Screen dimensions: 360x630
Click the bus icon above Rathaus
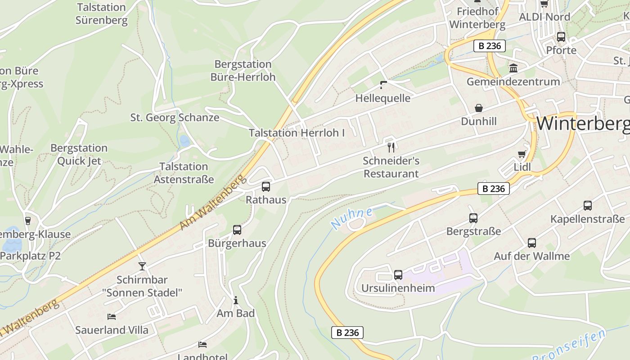(266, 186)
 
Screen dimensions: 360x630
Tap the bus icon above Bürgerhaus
(237, 230)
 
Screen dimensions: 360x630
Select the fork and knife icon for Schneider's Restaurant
(391, 147)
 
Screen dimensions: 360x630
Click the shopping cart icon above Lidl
(522, 154)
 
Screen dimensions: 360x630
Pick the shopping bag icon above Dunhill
(479, 108)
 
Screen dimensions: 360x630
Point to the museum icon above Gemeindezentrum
(513, 68)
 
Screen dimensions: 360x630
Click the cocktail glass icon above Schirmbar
(142, 266)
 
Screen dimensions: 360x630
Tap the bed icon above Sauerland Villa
(112, 317)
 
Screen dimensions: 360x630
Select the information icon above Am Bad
(235, 300)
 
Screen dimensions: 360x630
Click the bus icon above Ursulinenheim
(398, 275)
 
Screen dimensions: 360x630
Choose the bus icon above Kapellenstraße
(588, 206)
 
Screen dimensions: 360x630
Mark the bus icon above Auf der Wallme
(532, 243)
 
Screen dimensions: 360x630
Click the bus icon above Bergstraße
(473, 218)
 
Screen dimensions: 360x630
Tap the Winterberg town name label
(583, 123)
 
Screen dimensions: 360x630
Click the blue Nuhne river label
(351, 218)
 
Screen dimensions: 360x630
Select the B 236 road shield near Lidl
(494, 189)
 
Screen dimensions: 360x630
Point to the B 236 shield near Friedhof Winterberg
(490, 45)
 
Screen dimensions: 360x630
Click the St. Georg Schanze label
(175, 117)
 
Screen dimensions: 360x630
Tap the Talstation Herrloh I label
(297, 133)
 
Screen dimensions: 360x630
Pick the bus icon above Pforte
(561, 37)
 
